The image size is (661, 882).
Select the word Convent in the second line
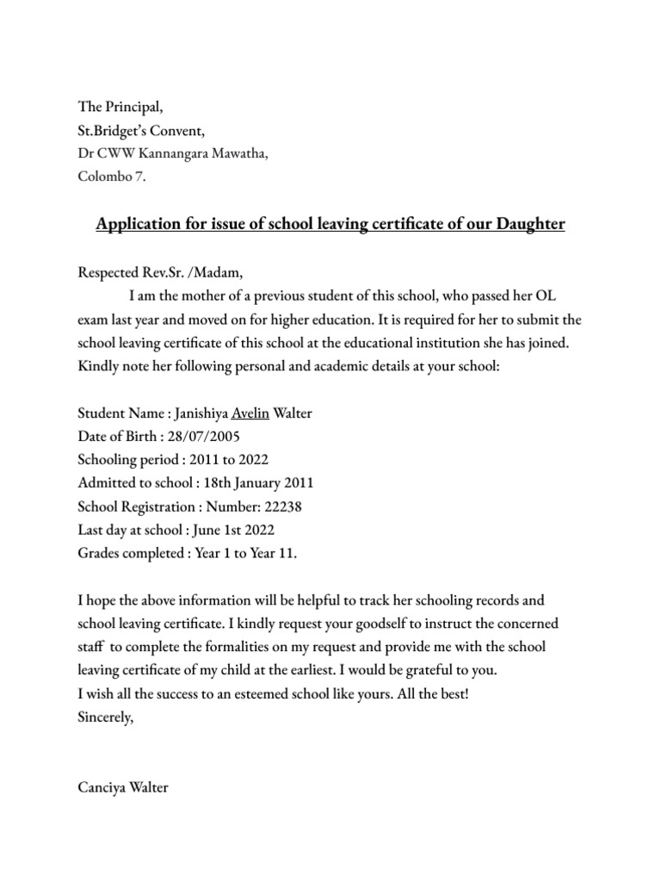pyautogui.click(x=178, y=132)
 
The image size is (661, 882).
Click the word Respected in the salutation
pyautogui.click(x=108, y=272)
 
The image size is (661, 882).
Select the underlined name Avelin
pyautogui.click(x=250, y=413)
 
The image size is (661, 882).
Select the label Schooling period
pyautogui.click(x=122, y=461)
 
